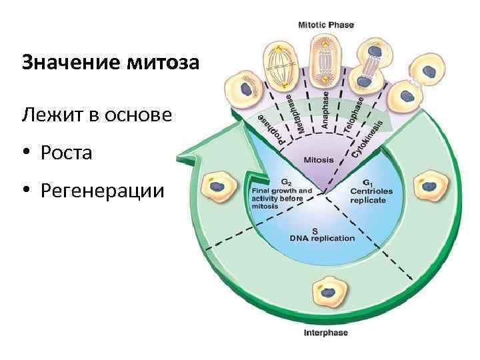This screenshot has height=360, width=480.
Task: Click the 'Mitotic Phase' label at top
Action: pos(325,25)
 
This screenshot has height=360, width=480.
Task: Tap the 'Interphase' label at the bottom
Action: pos(326,333)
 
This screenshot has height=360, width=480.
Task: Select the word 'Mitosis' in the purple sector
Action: pos(319,160)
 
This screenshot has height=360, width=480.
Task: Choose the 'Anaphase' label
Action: pos(325,106)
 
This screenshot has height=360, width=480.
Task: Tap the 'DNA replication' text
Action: pos(322,237)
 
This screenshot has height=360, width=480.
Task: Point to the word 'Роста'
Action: pos(66,153)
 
